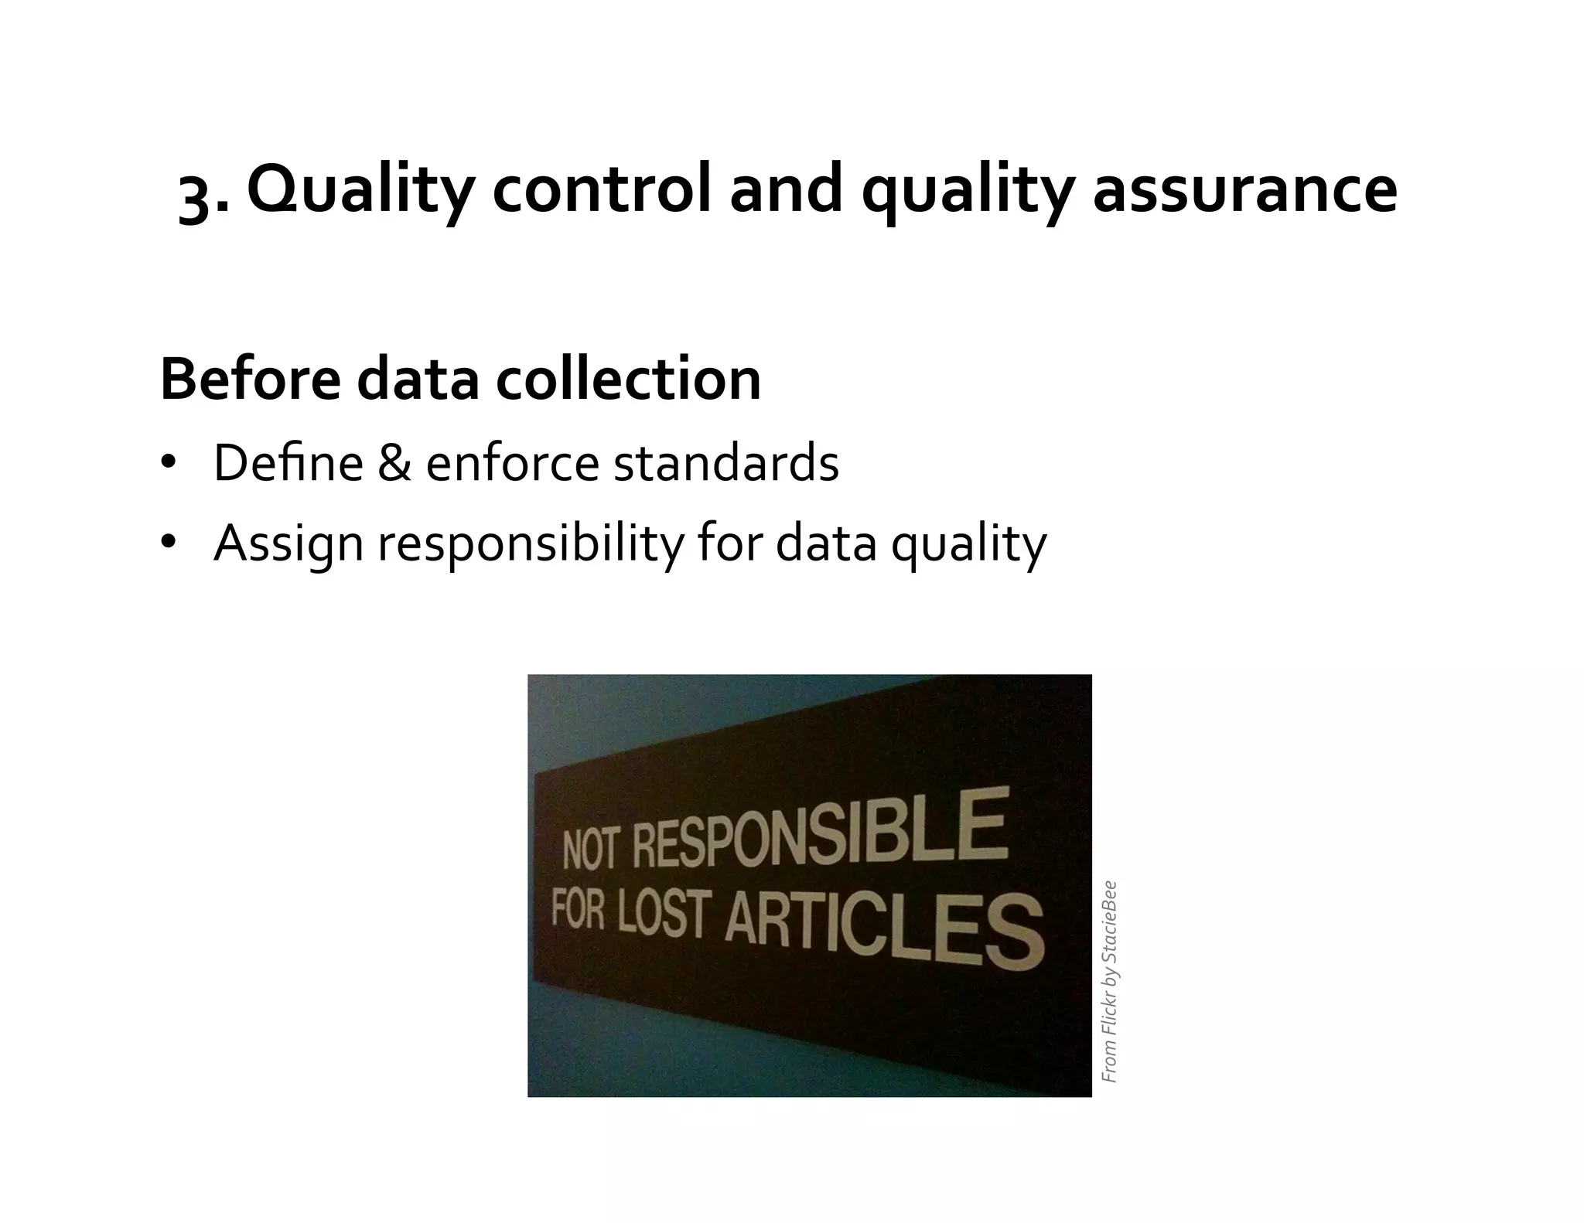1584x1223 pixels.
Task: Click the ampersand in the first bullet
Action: coord(394,463)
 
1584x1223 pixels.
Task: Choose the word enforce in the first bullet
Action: coord(512,463)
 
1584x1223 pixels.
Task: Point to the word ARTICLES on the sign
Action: coord(883,931)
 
